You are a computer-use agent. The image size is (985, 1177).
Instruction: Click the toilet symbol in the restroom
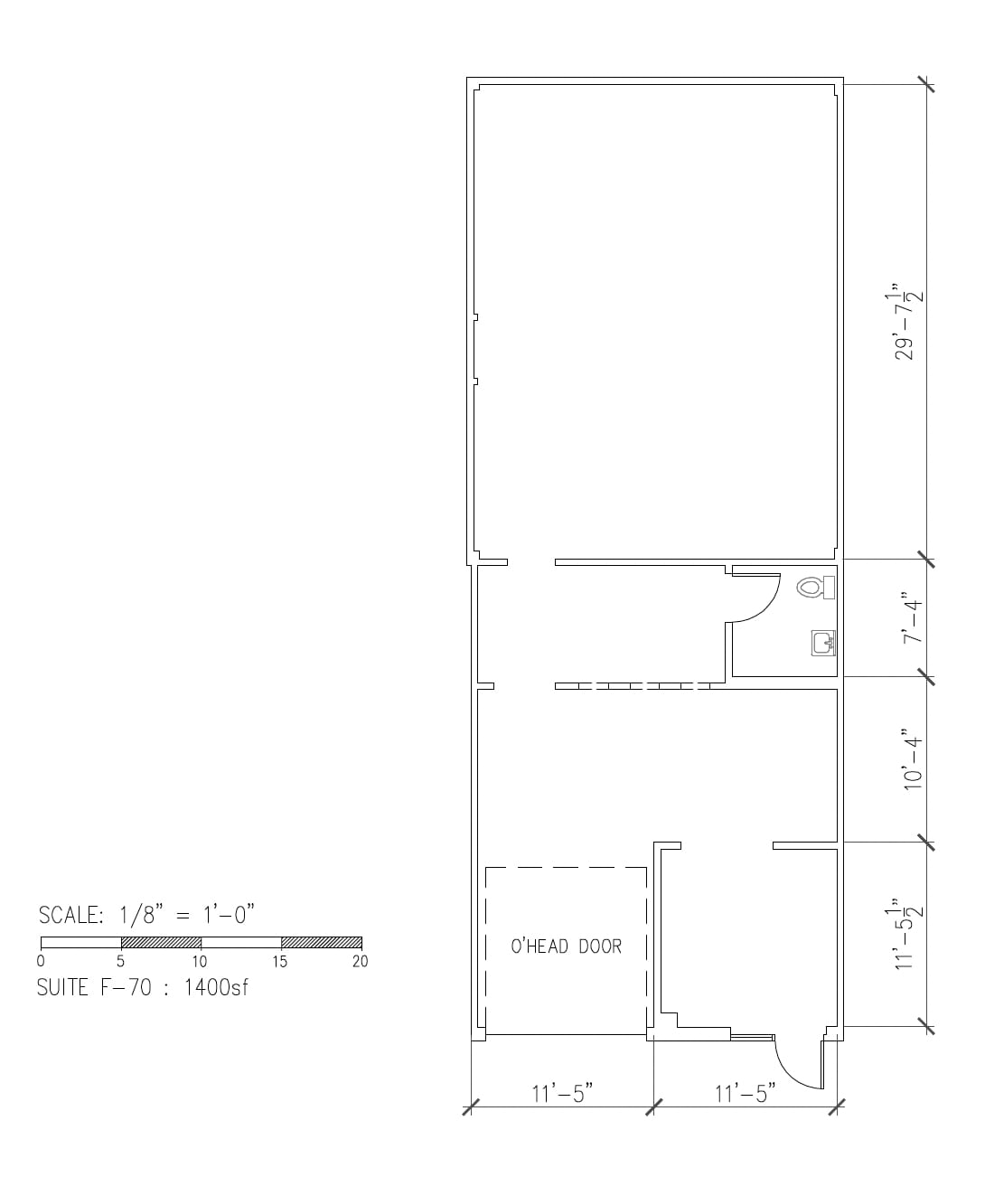(x=815, y=588)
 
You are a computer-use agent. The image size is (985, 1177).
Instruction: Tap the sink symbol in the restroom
(x=822, y=643)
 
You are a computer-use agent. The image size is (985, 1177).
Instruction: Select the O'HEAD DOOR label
(x=567, y=946)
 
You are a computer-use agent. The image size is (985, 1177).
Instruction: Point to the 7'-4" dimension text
(x=912, y=618)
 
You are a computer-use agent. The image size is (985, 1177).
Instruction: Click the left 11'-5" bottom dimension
(x=561, y=1094)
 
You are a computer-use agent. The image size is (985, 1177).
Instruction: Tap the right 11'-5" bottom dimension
(x=746, y=1094)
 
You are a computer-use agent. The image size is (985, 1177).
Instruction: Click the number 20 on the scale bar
(x=360, y=961)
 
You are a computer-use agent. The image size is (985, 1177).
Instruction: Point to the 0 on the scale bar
(x=42, y=961)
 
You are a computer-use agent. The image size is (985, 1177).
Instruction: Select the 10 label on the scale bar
(x=200, y=961)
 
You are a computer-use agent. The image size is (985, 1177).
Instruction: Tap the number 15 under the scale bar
(x=280, y=961)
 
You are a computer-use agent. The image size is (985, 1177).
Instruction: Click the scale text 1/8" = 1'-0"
(x=187, y=915)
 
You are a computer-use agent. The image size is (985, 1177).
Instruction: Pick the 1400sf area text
(x=216, y=986)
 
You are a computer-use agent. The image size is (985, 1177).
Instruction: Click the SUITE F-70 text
(x=89, y=986)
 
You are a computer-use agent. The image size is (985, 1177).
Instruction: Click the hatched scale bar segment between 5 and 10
(x=161, y=942)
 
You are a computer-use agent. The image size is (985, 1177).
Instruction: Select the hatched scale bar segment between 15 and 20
(x=321, y=942)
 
